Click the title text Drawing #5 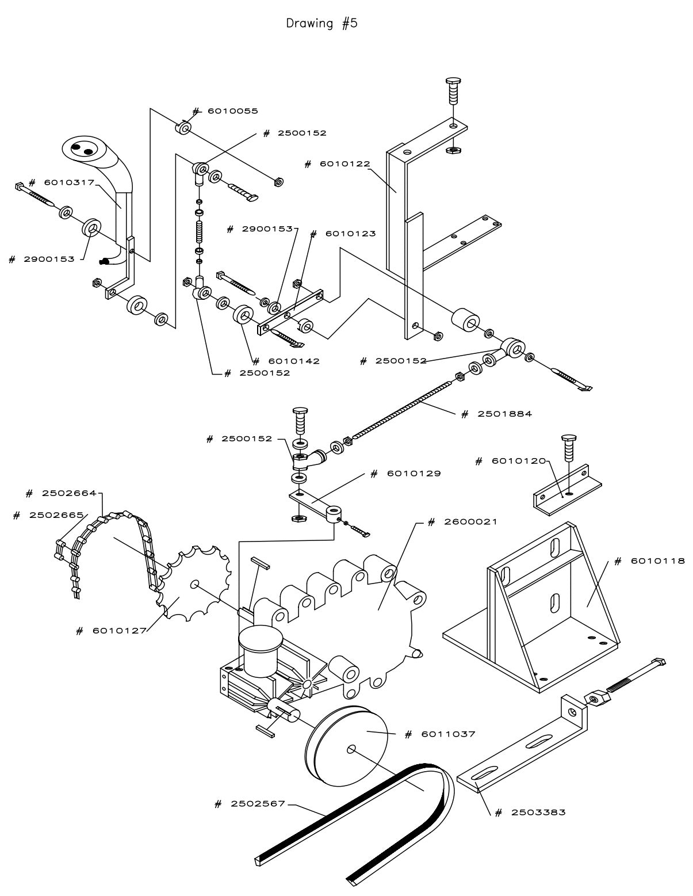pyautogui.click(x=321, y=24)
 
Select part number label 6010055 pyautogui.click(x=225, y=110)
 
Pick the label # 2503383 pyautogui.click(x=530, y=812)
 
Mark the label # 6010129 pyautogui.click(x=405, y=474)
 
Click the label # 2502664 pyautogui.click(x=64, y=494)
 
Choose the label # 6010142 pyautogui.click(x=294, y=361)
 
